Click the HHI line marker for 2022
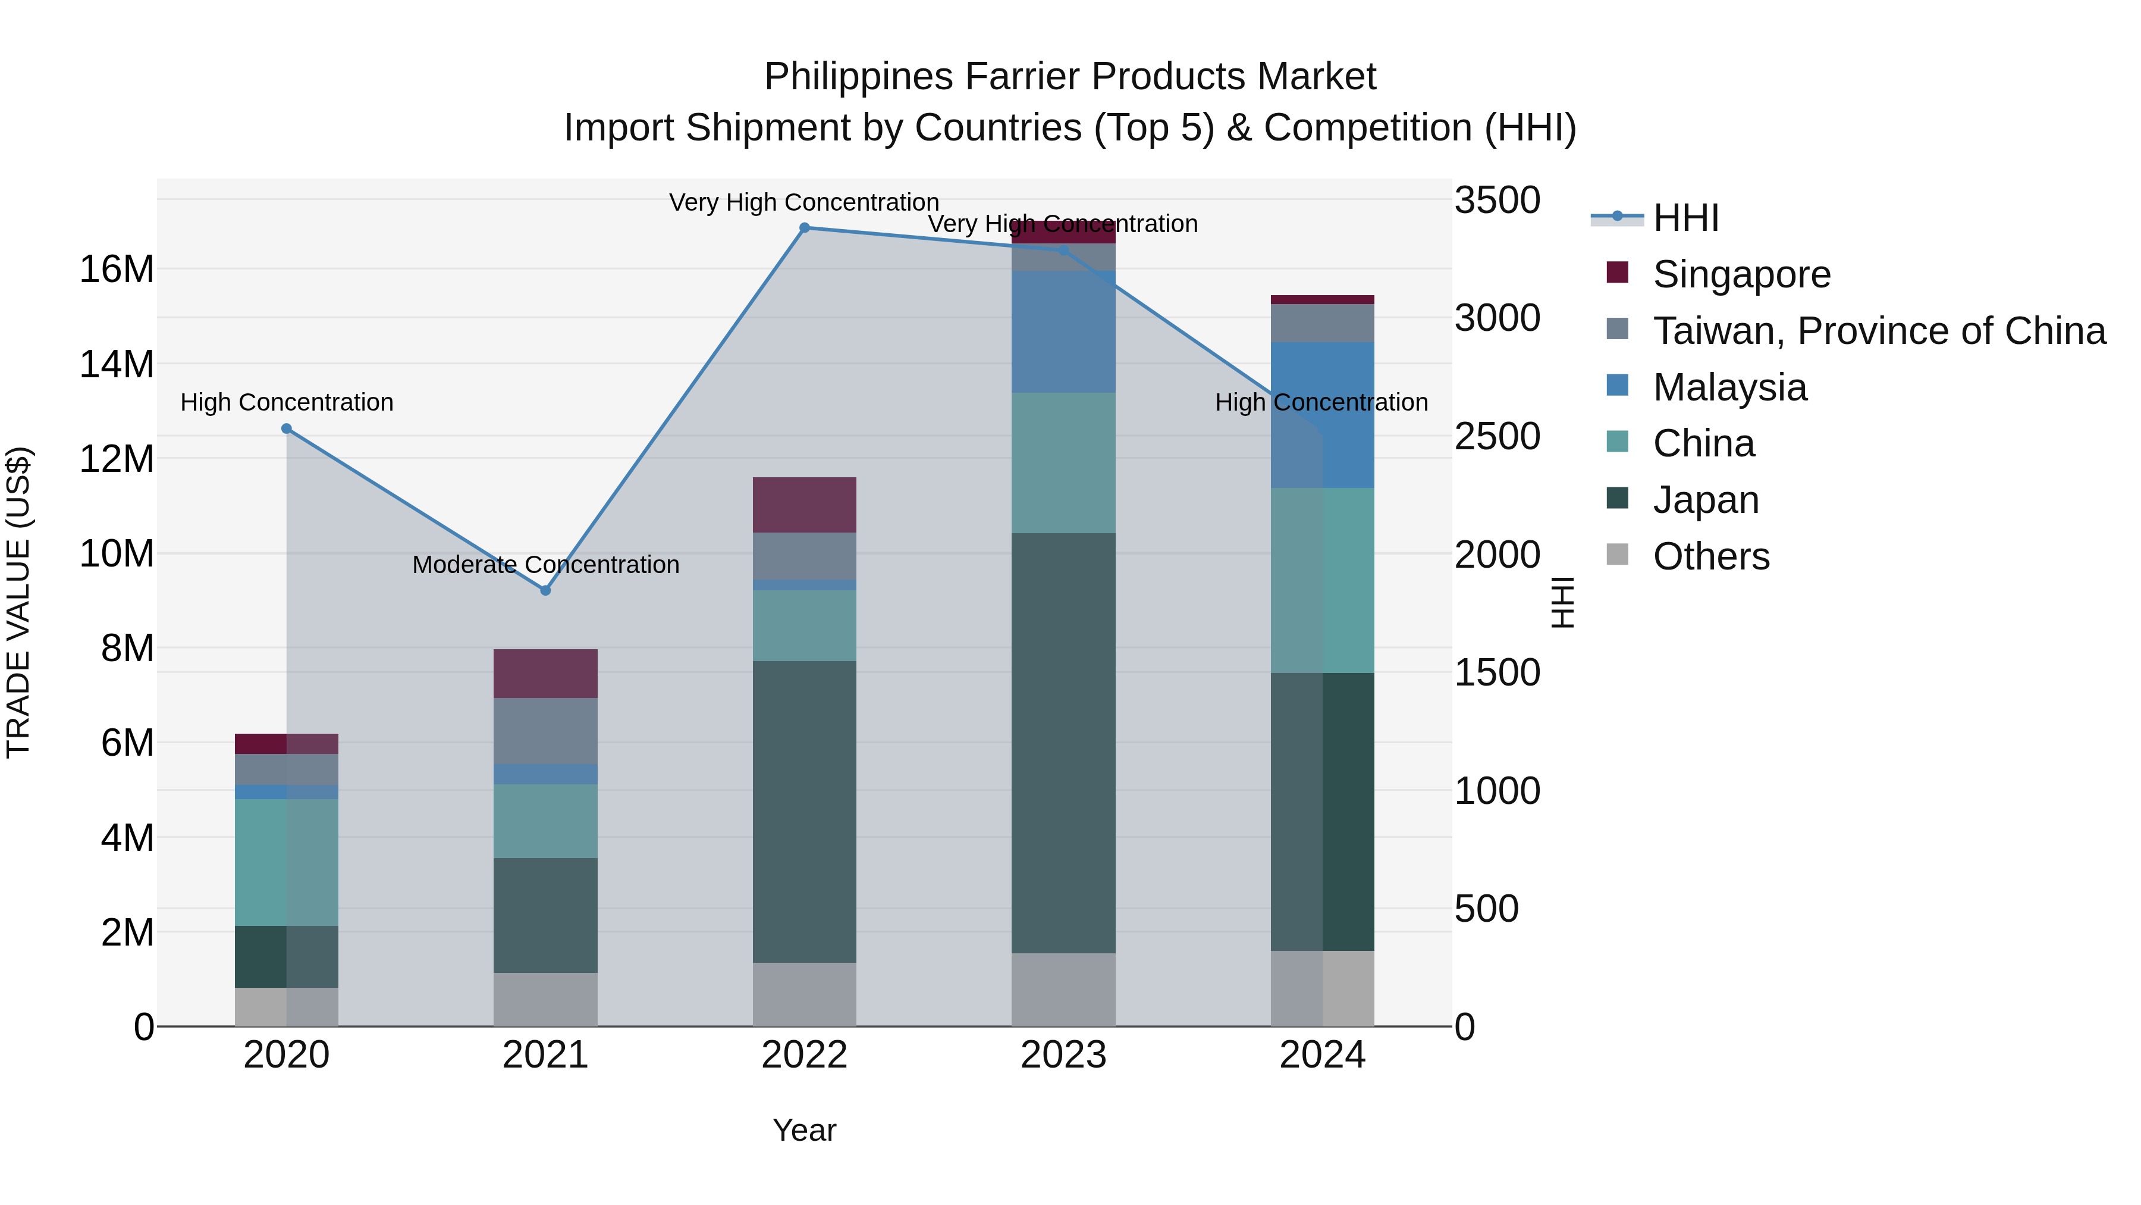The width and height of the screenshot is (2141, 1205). (803, 228)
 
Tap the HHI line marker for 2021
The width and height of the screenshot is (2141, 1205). (545, 590)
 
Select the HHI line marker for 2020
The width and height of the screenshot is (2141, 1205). (286, 428)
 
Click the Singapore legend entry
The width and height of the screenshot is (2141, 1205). (1741, 274)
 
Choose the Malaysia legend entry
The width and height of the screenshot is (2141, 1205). (1729, 387)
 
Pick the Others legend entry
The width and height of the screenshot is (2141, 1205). (1710, 556)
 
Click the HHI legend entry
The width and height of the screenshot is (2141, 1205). (1685, 218)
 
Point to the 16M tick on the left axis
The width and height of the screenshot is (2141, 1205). (117, 270)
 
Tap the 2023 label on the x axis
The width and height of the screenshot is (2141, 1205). (1063, 1055)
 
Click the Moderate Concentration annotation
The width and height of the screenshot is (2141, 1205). (545, 565)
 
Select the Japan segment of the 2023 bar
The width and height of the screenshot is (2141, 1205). (1063, 743)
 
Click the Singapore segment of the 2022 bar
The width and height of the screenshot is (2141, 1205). (803, 505)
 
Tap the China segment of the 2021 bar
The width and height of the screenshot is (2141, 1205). (545, 821)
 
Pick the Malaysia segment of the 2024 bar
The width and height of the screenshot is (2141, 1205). (1322, 415)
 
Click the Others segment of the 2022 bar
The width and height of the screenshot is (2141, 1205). (803, 994)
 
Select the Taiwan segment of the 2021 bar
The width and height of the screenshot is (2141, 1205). (545, 731)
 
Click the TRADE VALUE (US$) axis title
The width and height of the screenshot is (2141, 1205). (18, 602)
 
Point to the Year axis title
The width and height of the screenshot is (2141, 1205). (803, 1130)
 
